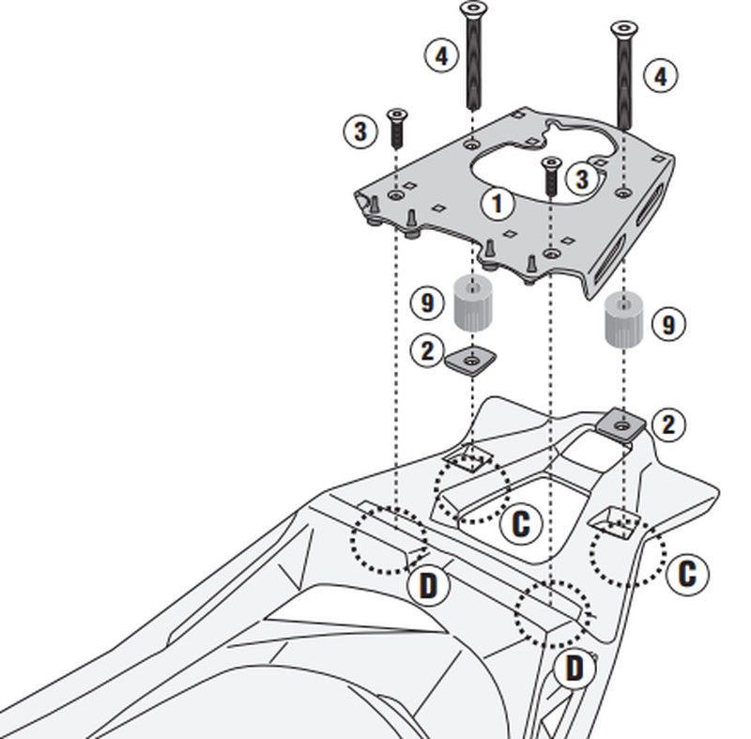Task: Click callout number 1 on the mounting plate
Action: coord(498,203)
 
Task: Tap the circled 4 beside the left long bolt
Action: coord(441,54)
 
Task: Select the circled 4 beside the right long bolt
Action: coord(661,75)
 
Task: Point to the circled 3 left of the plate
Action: coord(360,131)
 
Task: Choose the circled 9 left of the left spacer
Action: coord(427,302)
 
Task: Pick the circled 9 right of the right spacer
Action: coord(668,325)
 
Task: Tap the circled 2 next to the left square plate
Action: coord(428,351)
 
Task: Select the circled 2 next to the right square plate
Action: coord(667,423)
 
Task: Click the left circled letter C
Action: coord(520,523)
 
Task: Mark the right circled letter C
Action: coord(687,573)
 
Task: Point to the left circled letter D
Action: coord(428,587)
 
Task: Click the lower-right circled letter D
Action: coord(574,669)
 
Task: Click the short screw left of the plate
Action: coord(396,127)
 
